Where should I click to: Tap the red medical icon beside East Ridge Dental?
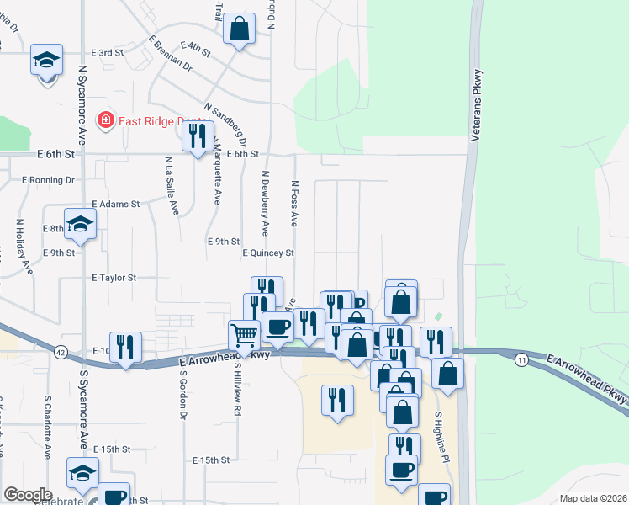point(106,120)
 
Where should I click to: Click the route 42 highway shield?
point(59,350)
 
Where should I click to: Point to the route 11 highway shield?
point(521,359)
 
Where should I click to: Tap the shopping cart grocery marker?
point(244,334)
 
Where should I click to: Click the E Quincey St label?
point(268,252)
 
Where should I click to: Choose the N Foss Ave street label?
point(294,203)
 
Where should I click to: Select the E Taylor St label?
point(114,277)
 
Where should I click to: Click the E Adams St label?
point(115,205)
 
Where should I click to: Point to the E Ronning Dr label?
point(48,180)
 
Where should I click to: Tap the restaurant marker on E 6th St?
point(198,136)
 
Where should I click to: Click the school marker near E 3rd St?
point(47,61)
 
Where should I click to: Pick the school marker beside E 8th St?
point(81,225)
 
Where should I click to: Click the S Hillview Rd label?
point(238,388)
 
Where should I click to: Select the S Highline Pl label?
point(438,437)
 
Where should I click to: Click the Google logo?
point(27,495)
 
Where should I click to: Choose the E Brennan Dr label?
point(170,54)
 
